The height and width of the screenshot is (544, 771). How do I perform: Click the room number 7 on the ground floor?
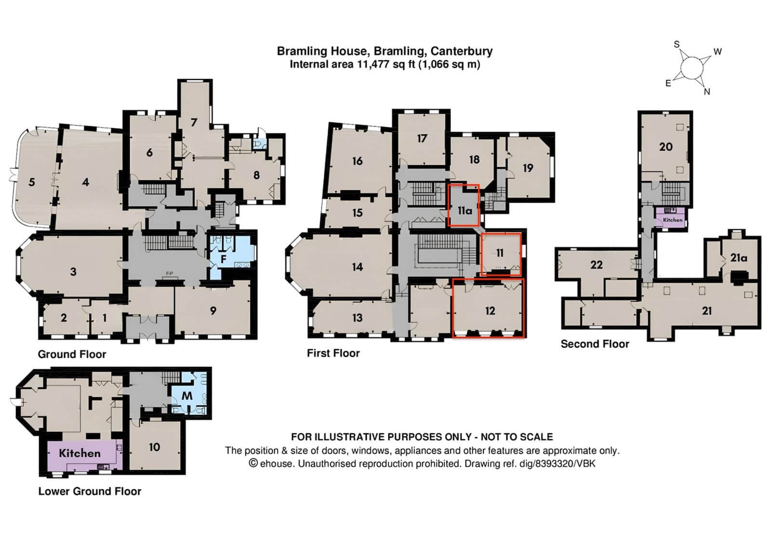point(194,122)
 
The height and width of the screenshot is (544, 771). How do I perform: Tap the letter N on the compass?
point(707,91)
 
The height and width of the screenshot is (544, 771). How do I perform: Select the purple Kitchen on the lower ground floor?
point(80,453)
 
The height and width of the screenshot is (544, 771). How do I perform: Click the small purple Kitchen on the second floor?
point(672,220)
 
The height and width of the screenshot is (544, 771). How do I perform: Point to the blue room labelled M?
point(187,396)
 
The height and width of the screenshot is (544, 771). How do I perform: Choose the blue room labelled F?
point(223,259)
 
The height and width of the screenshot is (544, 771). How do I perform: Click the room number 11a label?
point(465,211)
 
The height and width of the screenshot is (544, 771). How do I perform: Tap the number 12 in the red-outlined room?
point(490,311)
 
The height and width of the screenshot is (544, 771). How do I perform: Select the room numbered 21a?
point(738,258)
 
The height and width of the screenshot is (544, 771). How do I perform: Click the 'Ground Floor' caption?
point(72,354)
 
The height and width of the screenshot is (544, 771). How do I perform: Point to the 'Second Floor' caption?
point(595,344)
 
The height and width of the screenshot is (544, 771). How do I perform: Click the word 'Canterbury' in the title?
point(461,51)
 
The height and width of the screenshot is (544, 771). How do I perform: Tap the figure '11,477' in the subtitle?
point(373,65)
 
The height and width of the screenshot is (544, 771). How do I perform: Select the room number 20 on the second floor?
point(665,146)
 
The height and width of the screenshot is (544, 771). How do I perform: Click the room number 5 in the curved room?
point(32,182)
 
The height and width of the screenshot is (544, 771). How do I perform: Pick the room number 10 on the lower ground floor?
point(154,447)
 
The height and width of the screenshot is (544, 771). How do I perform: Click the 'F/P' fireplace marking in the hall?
point(170,273)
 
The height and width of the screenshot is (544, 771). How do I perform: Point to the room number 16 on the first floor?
point(357,161)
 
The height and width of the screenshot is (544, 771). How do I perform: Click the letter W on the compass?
point(718,52)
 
